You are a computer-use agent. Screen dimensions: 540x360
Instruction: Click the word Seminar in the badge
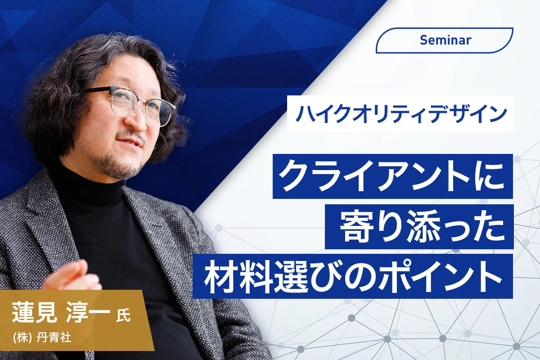tap(445, 40)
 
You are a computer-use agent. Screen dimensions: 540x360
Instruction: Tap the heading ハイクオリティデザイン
tap(400, 113)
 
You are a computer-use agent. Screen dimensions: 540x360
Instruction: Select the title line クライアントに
tap(392, 176)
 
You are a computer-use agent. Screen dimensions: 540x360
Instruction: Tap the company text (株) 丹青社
tap(42, 337)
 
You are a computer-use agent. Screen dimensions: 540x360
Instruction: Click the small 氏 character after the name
tap(123, 315)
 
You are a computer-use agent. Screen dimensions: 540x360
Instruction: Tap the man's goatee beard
tap(121, 164)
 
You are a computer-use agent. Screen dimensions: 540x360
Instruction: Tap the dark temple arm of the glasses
tap(96, 90)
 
